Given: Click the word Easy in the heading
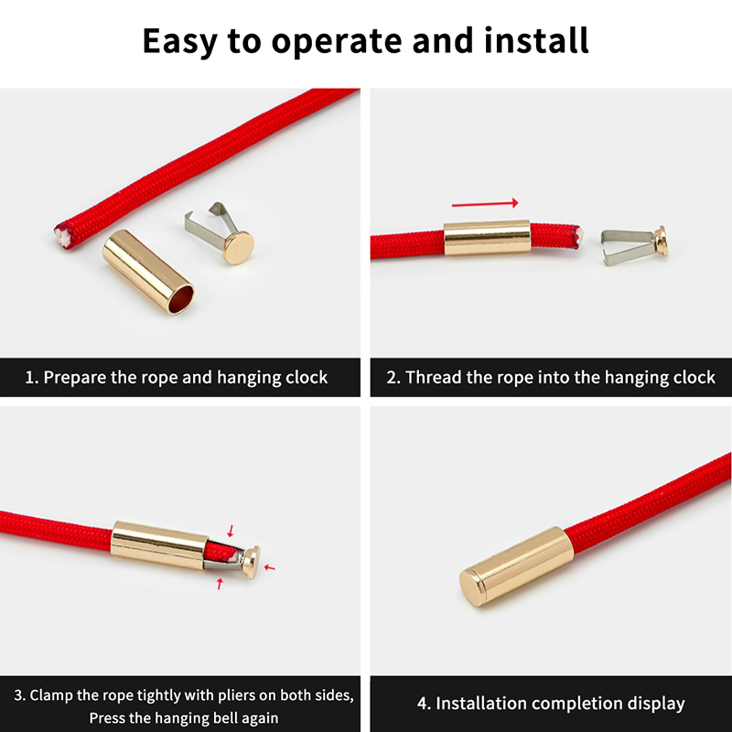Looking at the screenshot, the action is [x=179, y=41].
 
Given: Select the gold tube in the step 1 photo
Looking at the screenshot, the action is [x=148, y=271].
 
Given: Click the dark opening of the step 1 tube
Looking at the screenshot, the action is [x=180, y=299].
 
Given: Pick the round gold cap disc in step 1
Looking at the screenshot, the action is [x=239, y=247].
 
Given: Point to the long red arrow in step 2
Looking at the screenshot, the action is [x=485, y=203].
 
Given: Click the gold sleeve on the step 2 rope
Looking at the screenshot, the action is [x=487, y=238].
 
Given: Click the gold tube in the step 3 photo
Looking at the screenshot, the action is [x=159, y=544].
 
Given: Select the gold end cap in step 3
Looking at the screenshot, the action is [x=251, y=562].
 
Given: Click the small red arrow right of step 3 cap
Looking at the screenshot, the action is [x=269, y=567].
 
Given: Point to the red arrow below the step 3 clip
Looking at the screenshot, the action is [x=220, y=583].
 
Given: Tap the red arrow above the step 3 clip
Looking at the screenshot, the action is [x=231, y=531].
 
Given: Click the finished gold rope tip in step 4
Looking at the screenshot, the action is [x=517, y=565].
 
